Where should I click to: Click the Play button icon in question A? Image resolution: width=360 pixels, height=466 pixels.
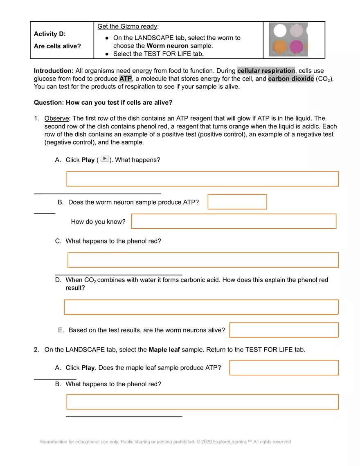(x=104, y=159)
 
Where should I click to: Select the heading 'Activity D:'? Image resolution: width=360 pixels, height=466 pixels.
(x=50, y=34)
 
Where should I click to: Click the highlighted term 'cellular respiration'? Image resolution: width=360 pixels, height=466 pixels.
(x=266, y=71)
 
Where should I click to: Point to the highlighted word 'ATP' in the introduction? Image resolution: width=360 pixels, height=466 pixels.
(x=126, y=79)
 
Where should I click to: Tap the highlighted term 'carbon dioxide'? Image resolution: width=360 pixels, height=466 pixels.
(x=291, y=79)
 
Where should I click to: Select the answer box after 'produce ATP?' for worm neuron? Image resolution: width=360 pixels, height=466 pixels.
(x=237, y=202)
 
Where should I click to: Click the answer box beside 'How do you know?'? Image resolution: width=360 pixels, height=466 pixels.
(x=234, y=221)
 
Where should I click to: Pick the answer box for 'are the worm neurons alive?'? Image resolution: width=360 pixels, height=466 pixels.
(x=284, y=330)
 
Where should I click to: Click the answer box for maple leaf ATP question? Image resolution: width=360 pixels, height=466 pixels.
(x=284, y=368)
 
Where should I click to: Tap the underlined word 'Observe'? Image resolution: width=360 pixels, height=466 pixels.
(x=57, y=119)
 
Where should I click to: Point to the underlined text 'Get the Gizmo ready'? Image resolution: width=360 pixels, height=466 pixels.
(x=127, y=27)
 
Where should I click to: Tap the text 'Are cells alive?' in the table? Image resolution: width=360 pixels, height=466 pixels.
(x=58, y=46)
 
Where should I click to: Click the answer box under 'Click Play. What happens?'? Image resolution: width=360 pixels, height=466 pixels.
(x=202, y=179)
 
